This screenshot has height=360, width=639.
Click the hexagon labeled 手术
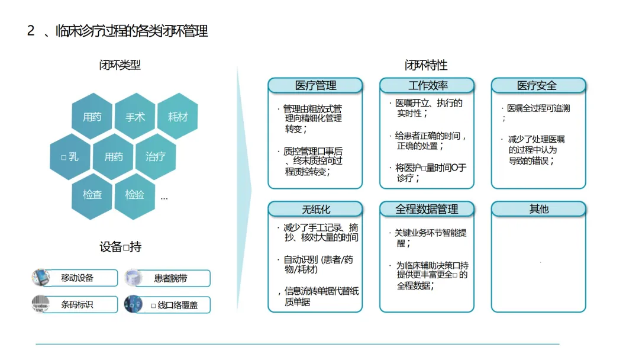(135, 117)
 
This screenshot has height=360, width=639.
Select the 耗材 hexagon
(177, 117)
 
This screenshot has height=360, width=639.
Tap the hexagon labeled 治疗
(156, 156)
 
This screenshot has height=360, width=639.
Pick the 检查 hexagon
(92, 194)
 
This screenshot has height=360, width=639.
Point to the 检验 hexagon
(135, 194)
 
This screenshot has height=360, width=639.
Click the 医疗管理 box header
(315, 85)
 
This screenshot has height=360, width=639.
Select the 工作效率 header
(427, 85)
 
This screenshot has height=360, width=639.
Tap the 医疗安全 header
(538, 85)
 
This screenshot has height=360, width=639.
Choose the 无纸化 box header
(315, 209)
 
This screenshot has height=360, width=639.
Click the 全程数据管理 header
(427, 209)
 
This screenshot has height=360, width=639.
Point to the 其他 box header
(538, 209)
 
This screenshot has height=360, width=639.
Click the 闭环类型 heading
(120, 65)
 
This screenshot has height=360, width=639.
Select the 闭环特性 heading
(426, 65)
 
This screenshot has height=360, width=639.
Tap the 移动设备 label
(78, 278)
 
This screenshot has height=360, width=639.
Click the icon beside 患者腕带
(133, 278)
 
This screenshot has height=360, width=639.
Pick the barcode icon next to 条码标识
(40, 304)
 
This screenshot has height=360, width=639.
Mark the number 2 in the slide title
(31, 31)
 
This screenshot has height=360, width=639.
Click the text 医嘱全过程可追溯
(538, 109)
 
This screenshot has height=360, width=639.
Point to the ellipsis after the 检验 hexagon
(164, 198)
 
